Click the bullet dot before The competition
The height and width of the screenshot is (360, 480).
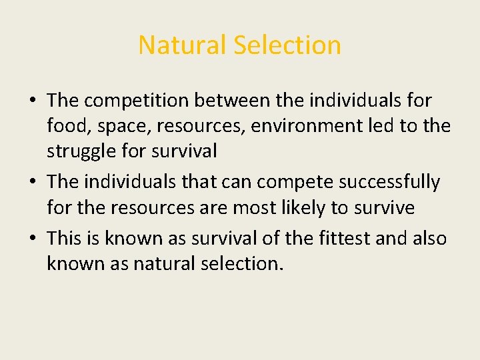pyautogui.click(x=32, y=101)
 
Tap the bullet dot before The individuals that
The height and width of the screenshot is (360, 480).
pyautogui.click(x=32, y=183)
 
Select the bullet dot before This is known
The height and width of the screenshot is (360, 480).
pyautogui.click(x=32, y=239)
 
